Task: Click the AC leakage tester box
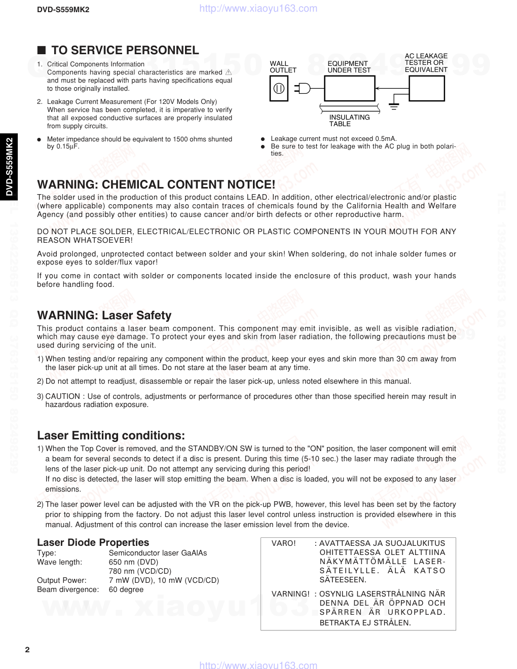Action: click(x=426, y=88)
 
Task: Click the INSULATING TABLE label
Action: click(x=349, y=121)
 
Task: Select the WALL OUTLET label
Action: click(x=283, y=67)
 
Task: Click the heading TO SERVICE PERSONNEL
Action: click(x=125, y=50)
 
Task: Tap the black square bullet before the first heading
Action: click(x=42, y=50)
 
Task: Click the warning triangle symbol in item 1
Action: click(x=228, y=72)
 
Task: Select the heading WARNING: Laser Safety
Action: click(x=104, y=315)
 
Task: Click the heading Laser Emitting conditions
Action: click(x=111, y=435)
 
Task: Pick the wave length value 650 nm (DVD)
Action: click(x=133, y=562)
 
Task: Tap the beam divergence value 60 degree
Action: click(x=126, y=589)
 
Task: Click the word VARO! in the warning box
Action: click(x=283, y=543)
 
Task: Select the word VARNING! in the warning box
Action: click(x=290, y=594)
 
